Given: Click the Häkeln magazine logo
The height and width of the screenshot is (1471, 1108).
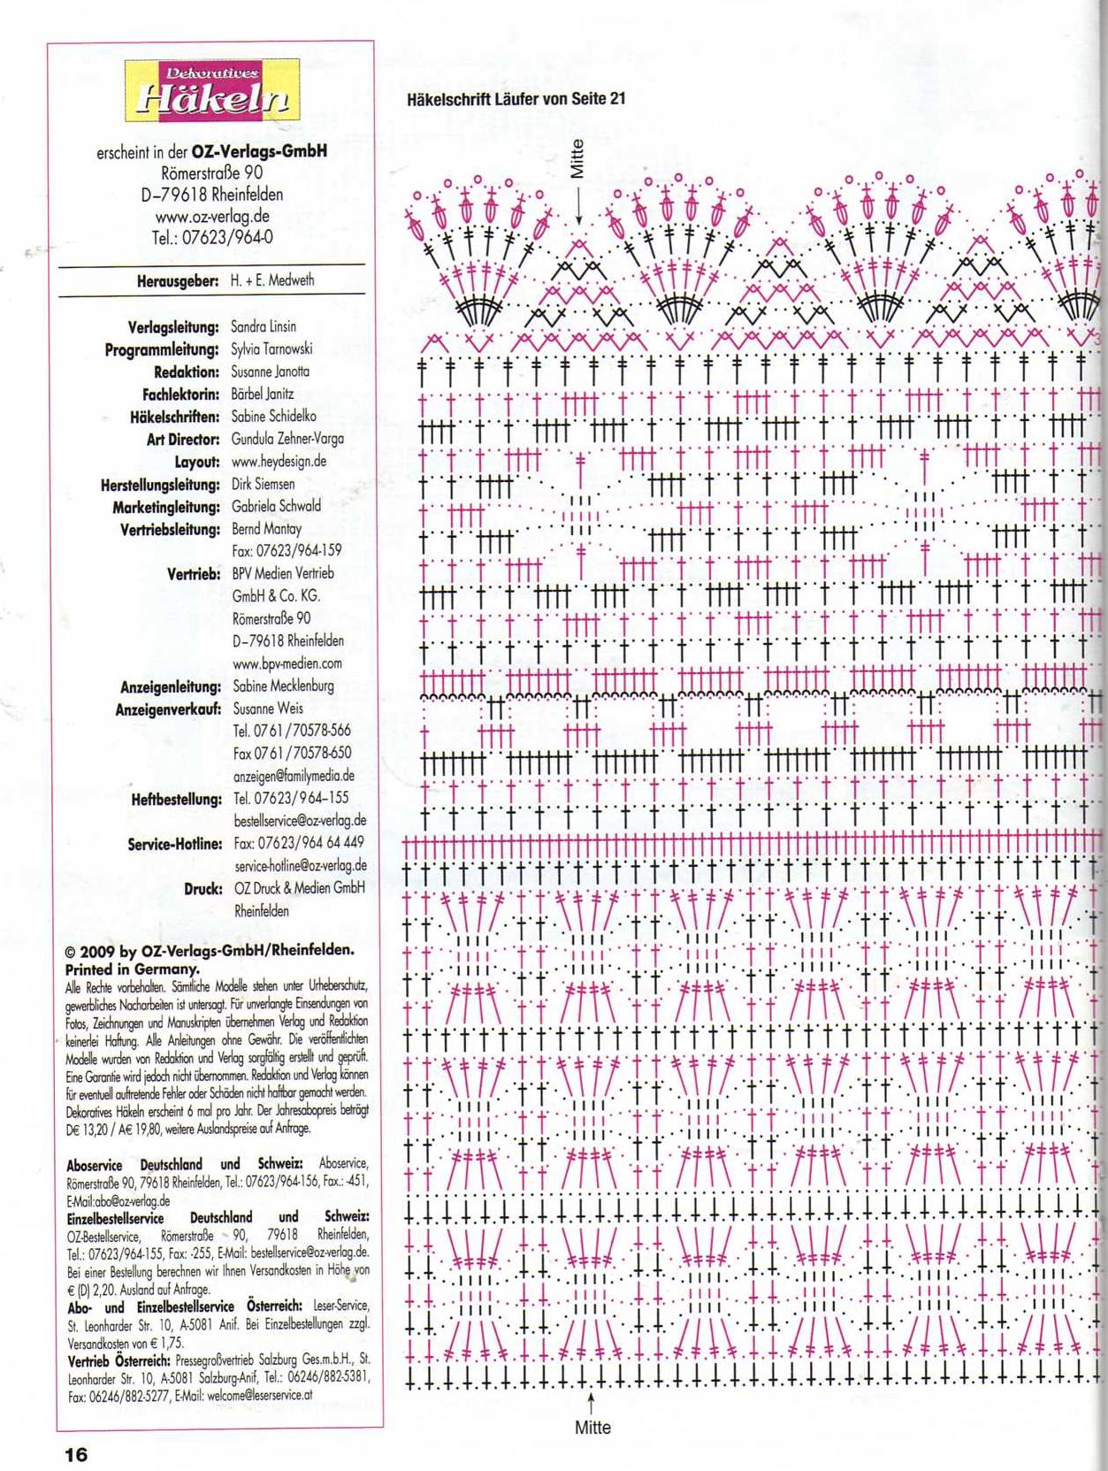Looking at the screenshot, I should (x=211, y=90).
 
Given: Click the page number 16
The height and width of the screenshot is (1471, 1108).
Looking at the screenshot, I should (x=75, y=1453).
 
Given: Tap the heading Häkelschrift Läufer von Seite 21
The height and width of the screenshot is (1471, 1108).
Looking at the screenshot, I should (x=516, y=99).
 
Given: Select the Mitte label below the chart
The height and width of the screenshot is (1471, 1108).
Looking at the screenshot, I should (x=592, y=1428).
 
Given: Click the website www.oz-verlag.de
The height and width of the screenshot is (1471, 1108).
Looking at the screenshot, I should (x=212, y=216).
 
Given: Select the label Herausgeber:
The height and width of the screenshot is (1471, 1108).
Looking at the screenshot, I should (x=177, y=281).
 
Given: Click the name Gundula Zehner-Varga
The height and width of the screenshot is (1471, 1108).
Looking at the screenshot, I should (x=287, y=440).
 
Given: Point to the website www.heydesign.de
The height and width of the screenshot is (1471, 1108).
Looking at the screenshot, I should (x=279, y=462).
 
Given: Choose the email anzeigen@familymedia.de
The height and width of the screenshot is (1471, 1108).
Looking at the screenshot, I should (x=294, y=776).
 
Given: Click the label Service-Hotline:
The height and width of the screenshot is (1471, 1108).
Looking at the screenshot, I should (x=174, y=844).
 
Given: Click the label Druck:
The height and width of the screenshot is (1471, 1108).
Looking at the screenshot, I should (x=202, y=888).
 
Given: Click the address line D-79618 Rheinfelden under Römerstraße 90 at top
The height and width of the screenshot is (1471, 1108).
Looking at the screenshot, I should (x=212, y=195).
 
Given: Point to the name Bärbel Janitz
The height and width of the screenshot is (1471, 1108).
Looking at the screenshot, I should (x=263, y=395).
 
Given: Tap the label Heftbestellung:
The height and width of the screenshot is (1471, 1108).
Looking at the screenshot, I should (x=176, y=799).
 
